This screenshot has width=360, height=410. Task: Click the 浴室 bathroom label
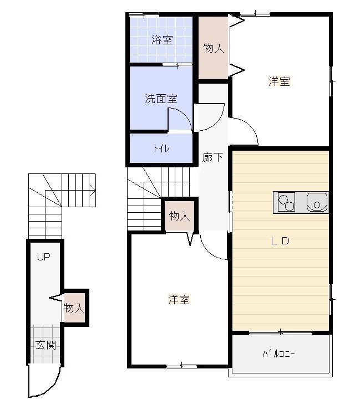162,40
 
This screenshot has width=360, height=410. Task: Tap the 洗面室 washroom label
161,98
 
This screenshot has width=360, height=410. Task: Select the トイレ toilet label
161,148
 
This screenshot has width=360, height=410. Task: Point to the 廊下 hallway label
212,157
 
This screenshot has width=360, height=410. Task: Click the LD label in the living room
280,241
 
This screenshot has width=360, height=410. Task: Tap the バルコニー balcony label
278,354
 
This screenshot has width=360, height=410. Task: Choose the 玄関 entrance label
46,345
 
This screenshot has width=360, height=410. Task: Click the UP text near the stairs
43,257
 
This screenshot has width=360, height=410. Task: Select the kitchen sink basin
317,202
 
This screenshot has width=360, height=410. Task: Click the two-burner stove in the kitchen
286,202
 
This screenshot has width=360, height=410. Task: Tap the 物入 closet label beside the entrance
74,307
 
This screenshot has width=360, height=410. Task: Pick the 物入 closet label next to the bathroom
214,48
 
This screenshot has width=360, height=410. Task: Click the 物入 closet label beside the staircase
179,216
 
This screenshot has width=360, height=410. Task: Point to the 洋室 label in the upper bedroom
280,81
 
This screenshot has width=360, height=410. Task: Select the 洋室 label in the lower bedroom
179,299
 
